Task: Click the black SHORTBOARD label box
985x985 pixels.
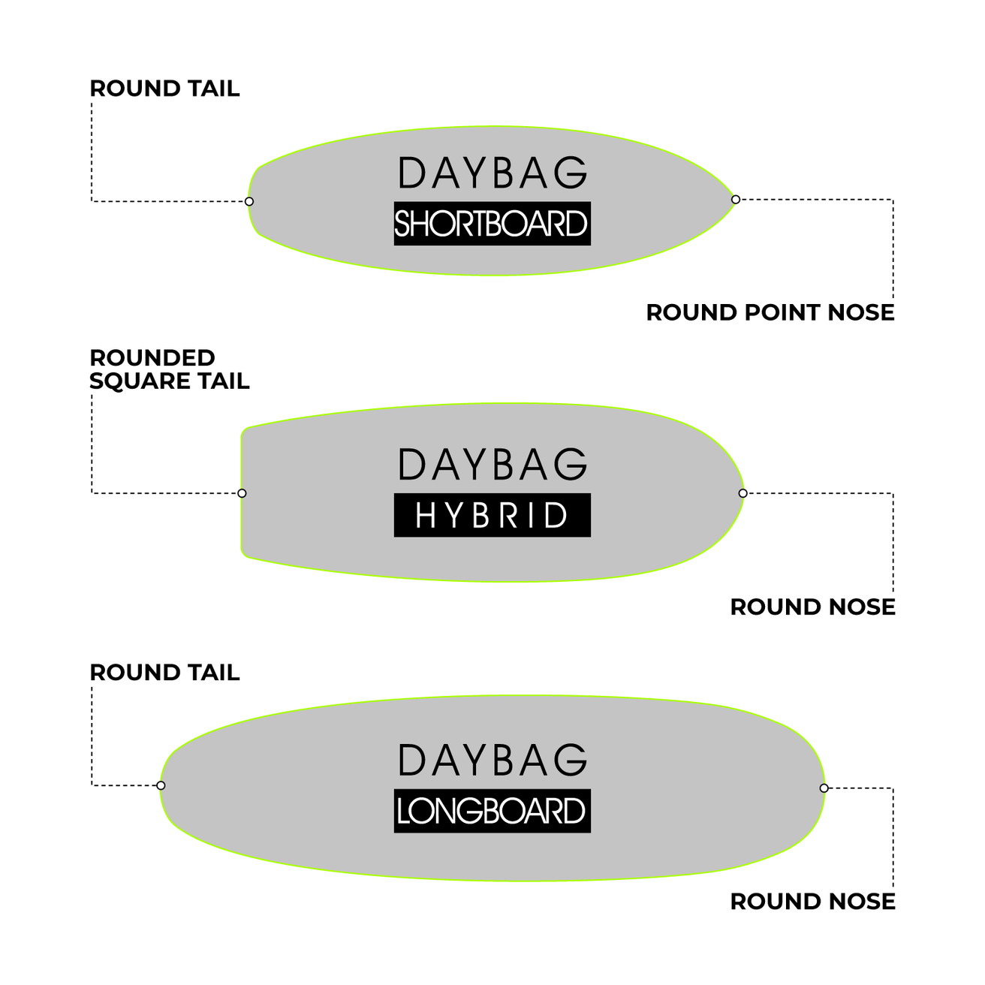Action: point(492,224)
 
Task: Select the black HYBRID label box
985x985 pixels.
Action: point(492,515)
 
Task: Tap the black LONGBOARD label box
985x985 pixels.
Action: point(492,811)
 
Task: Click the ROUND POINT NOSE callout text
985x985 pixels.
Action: point(770,312)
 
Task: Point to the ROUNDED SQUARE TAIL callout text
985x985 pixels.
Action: point(169,369)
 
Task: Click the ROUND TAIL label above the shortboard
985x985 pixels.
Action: point(164,89)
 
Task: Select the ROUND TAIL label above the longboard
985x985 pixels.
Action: point(164,673)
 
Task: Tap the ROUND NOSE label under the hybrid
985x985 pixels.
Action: point(812,607)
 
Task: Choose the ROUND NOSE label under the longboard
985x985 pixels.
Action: point(812,902)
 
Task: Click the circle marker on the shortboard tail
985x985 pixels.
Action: point(249,201)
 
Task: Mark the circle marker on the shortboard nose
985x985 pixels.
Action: point(736,200)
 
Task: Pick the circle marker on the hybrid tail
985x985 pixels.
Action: point(242,493)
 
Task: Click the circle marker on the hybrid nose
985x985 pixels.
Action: point(743,493)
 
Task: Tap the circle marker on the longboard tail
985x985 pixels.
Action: point(161,785)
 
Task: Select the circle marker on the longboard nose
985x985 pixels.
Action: point(824,788)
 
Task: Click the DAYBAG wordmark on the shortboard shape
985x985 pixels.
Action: point(492,173)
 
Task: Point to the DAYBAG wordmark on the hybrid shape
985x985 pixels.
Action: point(492,465)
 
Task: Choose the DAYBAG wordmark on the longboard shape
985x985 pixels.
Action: point(492,760)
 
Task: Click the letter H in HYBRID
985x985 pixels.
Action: point(425,515)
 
